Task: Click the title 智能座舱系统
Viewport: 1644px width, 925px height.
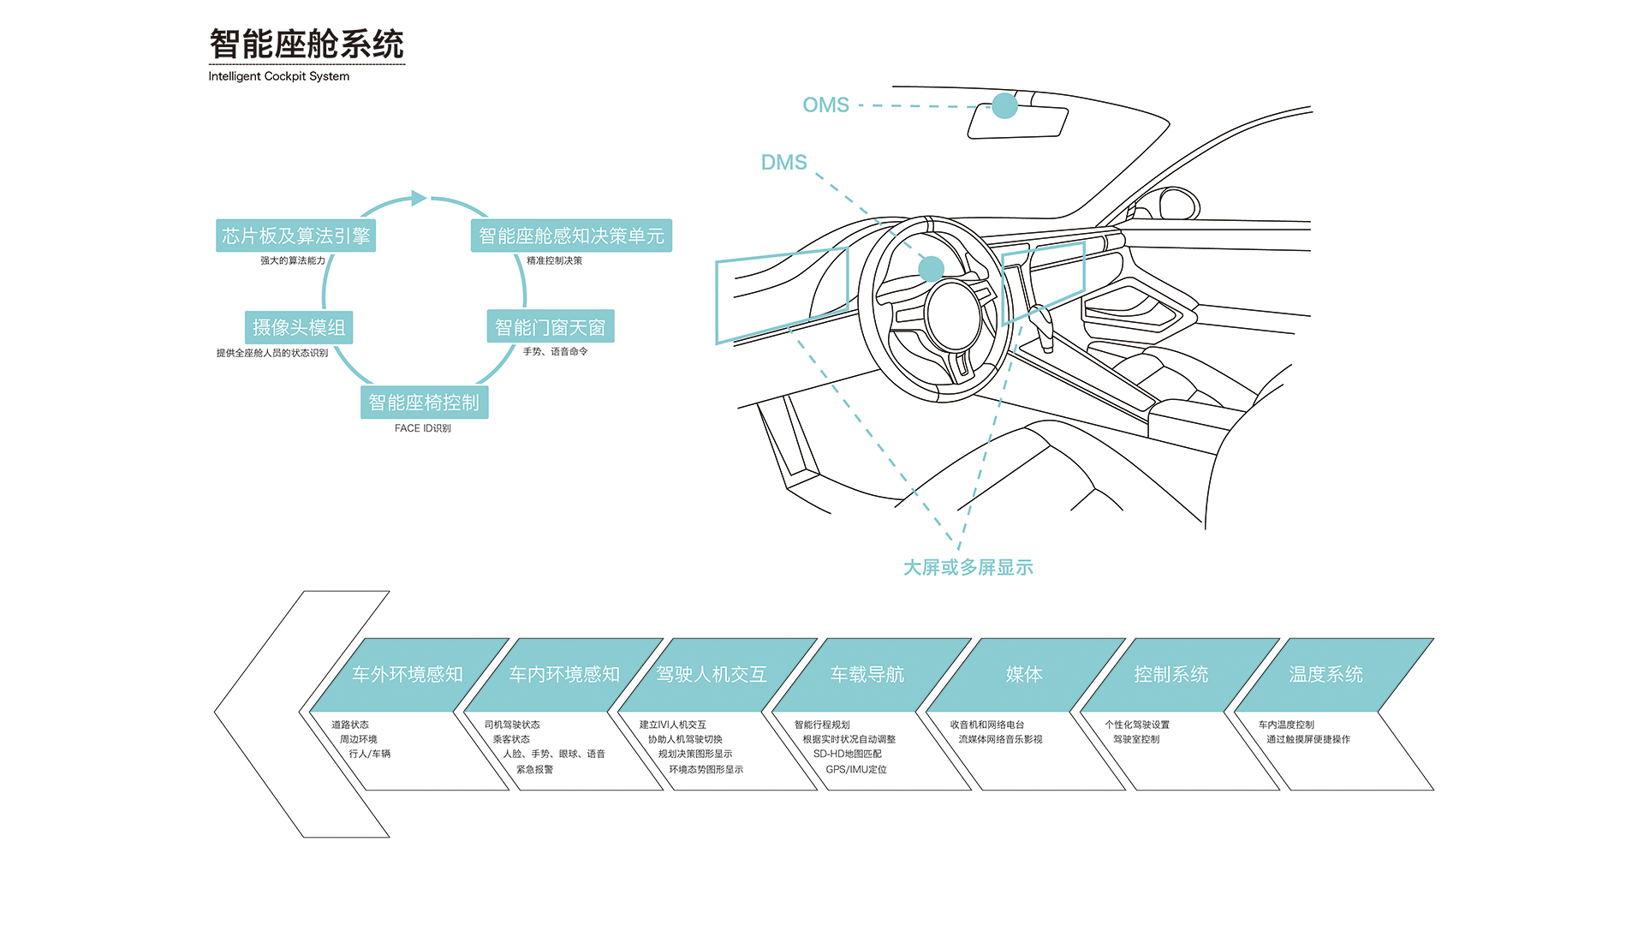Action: coord(307,45)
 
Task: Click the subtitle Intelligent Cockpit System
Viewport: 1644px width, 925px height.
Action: coord(278,76)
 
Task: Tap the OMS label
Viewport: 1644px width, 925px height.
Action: coord(825,105)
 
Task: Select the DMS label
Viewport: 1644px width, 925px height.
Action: coord(783,163)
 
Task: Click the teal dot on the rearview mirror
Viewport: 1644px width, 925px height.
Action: coord(1004,106)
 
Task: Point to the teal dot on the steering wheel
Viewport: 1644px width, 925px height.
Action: coord(931,269)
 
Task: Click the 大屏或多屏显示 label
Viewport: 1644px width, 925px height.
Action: coord(968,568)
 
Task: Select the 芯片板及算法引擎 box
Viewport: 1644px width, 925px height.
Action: coord(295,236)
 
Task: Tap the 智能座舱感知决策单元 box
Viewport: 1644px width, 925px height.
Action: coord(571,236)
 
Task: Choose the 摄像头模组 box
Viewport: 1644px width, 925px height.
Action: coord(299,327)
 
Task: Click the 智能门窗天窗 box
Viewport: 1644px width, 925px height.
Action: coord(550,327)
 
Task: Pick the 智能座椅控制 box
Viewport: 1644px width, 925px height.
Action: coord(424,403)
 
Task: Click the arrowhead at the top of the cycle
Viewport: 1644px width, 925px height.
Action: coord(419,198)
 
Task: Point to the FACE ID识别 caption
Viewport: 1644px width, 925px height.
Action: coord(422,428)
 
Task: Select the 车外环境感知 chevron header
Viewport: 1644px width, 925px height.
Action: coord(408,675)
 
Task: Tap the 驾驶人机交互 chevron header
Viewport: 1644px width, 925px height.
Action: coord(712,675)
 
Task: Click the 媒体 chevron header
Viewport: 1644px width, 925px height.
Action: coord(1024,675)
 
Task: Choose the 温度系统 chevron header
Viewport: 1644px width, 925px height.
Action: coord(1325,675)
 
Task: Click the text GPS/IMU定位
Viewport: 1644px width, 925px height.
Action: coord(856,770)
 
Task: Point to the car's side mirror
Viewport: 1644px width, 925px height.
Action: coord(1179,204)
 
